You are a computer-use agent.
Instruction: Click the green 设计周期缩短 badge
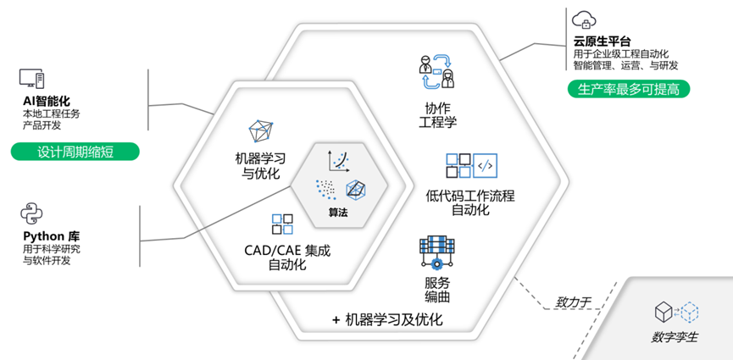pos(75,153)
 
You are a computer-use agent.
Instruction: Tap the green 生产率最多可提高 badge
pos(628,88)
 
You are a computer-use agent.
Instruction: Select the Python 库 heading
pos(52,235)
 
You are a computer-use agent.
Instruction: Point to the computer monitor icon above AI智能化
pos(32,80)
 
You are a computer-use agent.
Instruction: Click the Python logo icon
pos(31,213)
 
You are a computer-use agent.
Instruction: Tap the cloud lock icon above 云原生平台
pos(583,19)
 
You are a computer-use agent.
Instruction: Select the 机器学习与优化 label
pos(261,165)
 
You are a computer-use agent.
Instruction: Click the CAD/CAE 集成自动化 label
pos(282,258)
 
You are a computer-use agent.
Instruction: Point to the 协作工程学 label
pos(438,115)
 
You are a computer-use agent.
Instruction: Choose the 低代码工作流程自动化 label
pos(470,203)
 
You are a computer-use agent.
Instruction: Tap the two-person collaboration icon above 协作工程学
pos(437,72)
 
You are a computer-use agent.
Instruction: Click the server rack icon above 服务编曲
pos(437,252)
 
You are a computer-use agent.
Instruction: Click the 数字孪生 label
pos(675,338)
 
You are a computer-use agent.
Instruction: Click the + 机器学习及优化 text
pos(387,320)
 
